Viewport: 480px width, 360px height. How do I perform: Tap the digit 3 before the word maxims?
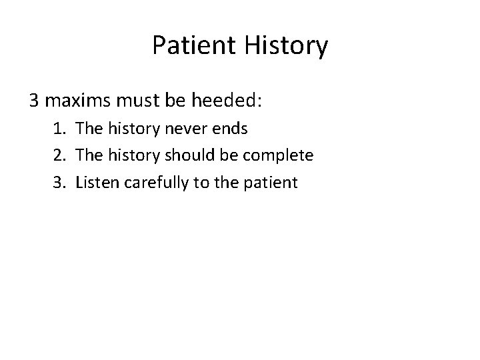pos(34,101)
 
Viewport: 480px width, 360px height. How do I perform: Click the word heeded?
pos(227,101)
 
